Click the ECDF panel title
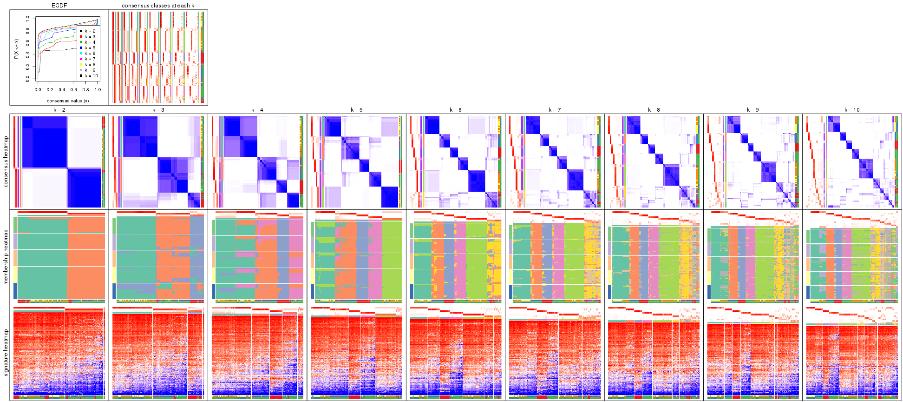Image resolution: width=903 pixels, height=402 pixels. pos(59,6)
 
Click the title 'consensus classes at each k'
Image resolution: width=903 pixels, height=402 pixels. pos(158,6)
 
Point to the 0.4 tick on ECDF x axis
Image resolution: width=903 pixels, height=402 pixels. pos(62,90)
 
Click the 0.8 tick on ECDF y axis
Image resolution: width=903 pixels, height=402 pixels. pos(27,31)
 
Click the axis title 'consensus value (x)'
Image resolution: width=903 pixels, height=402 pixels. pos(68,100)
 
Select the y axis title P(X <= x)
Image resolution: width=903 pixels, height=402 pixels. pos(16,48)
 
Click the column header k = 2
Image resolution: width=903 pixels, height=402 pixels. pos(59,110)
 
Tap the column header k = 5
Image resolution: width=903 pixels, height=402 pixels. pos(356,110)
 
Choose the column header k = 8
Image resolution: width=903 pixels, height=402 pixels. pos(654,110)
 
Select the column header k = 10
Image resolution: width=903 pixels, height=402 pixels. pos(852,110)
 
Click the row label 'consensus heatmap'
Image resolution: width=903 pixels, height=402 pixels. pos(6,161)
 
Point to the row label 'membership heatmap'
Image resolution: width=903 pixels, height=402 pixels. pos(6,257)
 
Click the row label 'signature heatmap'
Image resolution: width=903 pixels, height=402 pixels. pos(6,353)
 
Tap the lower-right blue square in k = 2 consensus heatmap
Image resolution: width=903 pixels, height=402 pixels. pos(85,188)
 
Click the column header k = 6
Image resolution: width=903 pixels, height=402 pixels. pos(455,110)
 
